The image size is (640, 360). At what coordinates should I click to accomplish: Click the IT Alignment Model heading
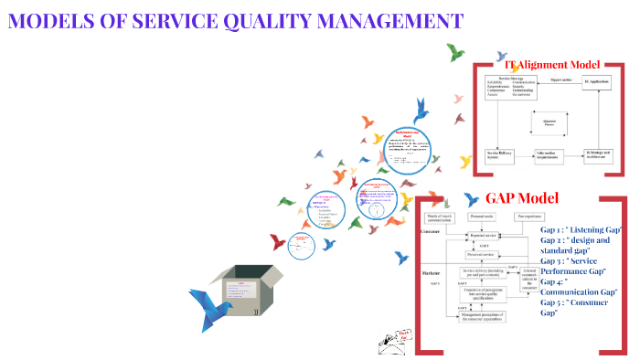(x=553, y=65)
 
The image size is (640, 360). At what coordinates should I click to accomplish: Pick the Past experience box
(x=530, y=217)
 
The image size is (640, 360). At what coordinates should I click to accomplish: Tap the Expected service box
(x=485, y=235)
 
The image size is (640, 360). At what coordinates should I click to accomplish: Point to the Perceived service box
(x=485, y=255)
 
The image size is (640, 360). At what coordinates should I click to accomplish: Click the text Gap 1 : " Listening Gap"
(x=581, y=228)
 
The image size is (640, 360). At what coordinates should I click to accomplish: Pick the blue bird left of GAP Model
(x=471, y=198)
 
